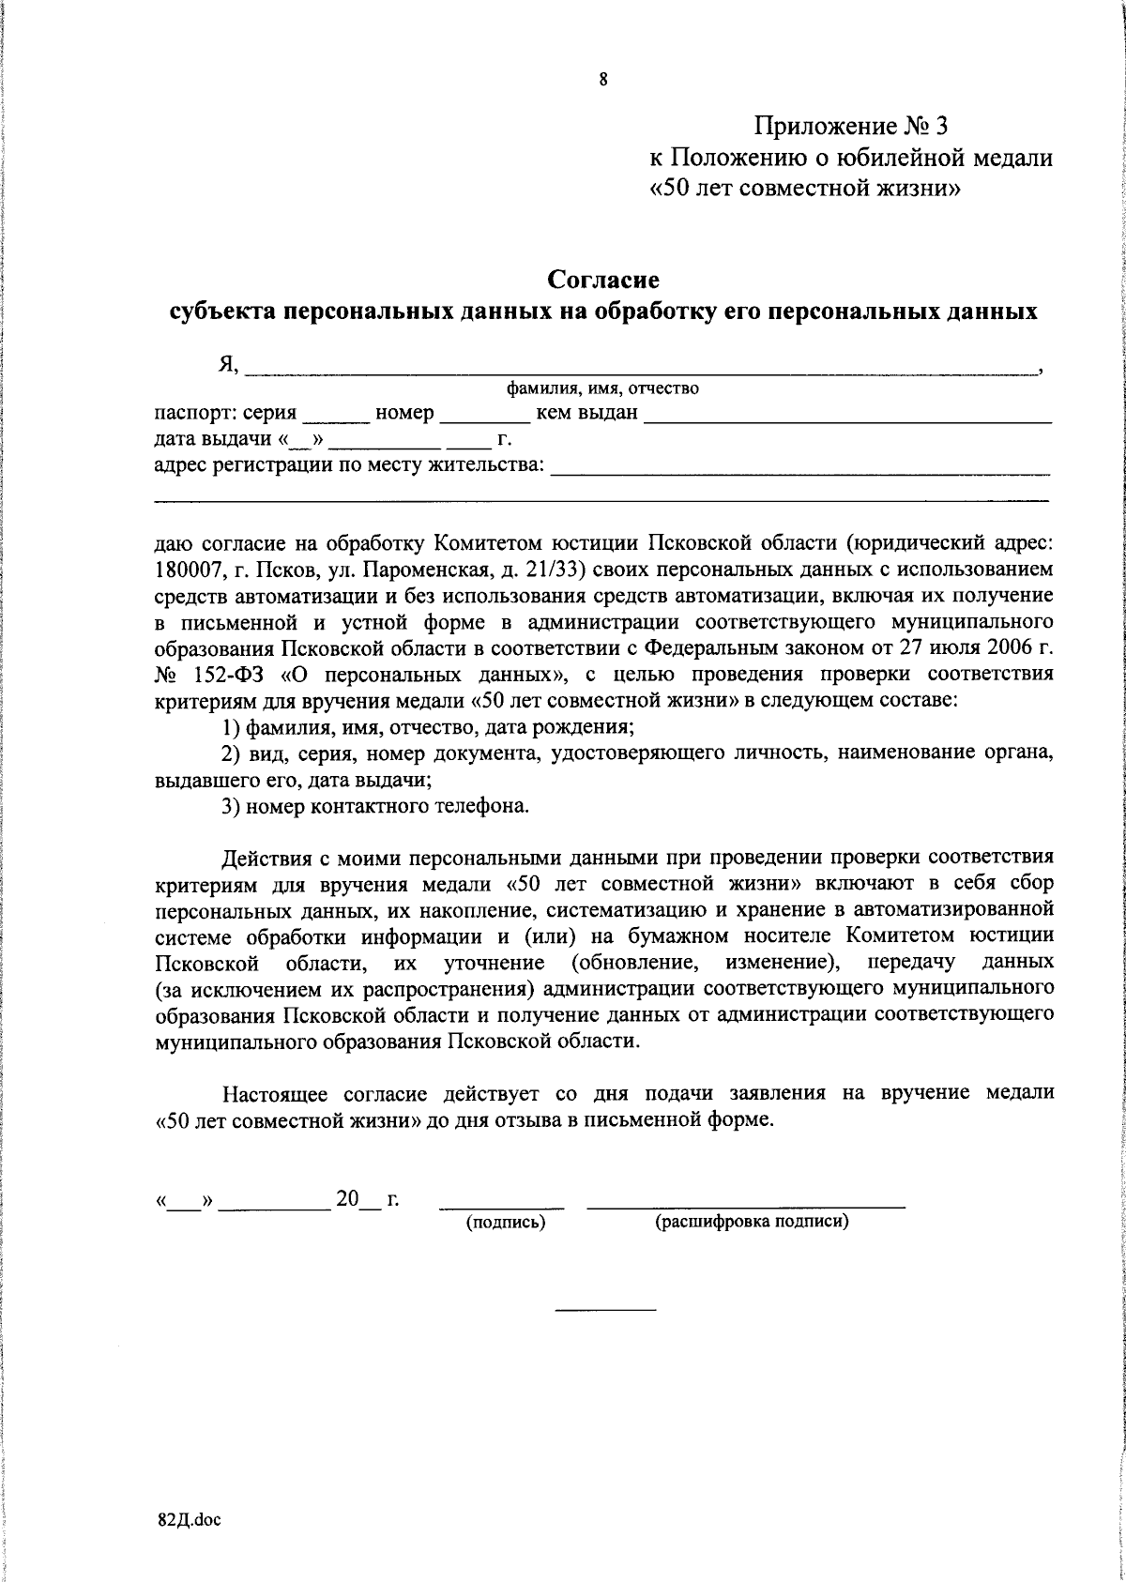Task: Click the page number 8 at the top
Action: tap(603, 80)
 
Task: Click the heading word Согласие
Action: tap(603, 280)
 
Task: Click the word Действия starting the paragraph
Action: tap(263, 857)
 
